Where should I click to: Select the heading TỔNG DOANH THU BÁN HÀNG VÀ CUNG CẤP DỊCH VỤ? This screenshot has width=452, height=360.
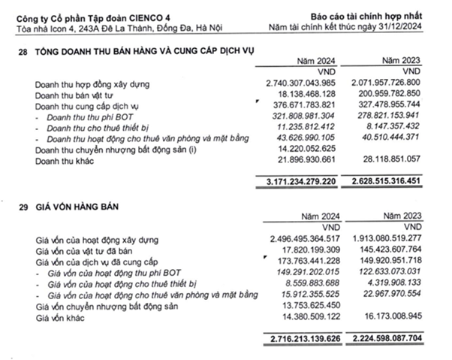click(153, 50)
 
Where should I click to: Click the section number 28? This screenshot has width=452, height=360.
click(20, 50)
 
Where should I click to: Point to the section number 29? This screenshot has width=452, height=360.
click(20, 204)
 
